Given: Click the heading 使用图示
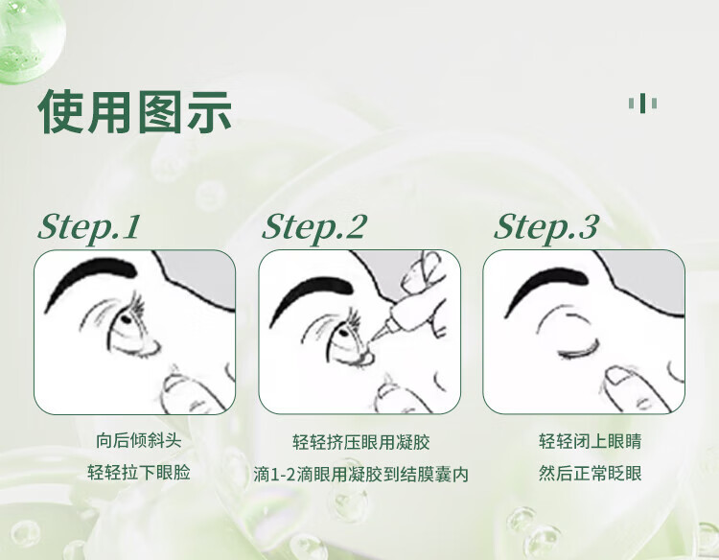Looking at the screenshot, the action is click(135, 112).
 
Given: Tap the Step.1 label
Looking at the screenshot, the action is click(89, 227).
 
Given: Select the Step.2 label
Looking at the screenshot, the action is click(314, 227).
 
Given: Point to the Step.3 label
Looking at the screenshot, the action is click(546, 227).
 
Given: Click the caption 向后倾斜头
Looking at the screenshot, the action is click(138, 441).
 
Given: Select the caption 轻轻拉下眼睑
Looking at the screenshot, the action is click(138, 473).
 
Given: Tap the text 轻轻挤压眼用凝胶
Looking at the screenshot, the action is click(360, 442).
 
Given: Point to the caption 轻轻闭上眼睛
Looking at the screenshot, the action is click(590, 441).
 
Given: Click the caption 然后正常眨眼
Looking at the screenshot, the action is click(590, 473).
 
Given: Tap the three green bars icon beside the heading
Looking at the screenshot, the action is click(642, 104).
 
